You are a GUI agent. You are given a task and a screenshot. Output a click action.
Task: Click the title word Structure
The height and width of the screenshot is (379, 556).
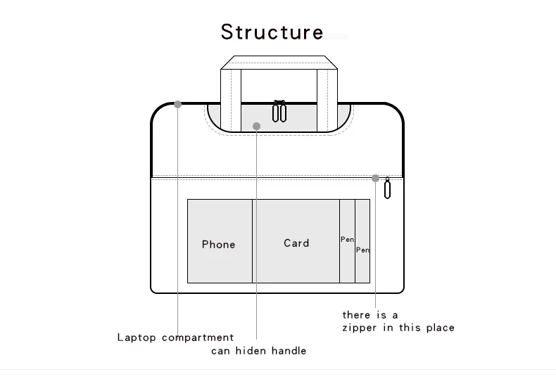coord(272,32)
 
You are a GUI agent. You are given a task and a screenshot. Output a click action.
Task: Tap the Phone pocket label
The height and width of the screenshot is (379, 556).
coord(218,245)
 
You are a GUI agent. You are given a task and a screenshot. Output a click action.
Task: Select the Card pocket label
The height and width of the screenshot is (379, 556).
coord(296,243)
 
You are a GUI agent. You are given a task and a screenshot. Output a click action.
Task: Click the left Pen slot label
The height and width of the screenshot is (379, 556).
coord(347,240)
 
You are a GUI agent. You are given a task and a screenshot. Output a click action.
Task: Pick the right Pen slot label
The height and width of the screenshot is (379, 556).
coord(362,250)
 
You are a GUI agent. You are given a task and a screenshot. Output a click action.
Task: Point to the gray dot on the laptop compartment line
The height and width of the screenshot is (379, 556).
coord(178,104)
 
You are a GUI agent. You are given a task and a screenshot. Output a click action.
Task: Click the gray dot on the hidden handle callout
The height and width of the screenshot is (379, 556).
coord(257,127)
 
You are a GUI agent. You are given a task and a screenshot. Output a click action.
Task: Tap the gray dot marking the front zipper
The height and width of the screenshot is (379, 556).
coord(376,179)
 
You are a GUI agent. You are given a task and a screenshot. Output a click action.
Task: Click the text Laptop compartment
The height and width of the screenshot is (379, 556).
coord(175,338)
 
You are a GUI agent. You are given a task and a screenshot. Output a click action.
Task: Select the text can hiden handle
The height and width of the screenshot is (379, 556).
coord(258,350)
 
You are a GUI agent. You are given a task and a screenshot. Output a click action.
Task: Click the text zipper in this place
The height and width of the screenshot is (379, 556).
coord(398,328)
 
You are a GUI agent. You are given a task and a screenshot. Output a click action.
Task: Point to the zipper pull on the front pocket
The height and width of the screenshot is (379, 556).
coord(387,188)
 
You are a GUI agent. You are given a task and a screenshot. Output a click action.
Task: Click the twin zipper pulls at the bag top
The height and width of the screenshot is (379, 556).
coord(279,111)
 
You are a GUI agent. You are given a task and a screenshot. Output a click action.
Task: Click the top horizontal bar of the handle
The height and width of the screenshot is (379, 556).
coord(279,63)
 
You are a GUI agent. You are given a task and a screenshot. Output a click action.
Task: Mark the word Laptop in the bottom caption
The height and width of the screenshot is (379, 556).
coord(137,338)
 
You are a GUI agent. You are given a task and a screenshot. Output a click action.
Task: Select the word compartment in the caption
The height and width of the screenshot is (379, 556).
coord(198,338)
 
